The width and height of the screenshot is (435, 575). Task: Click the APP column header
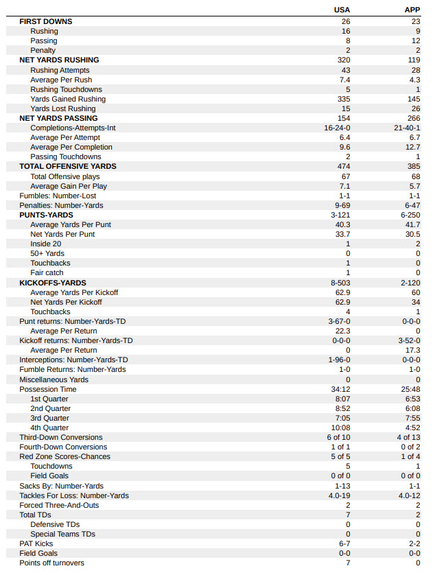click(x=412, y=10)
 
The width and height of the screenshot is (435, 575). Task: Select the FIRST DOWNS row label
click(x=45, y=21)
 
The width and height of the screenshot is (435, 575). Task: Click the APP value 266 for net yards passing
click(x=413, y=118)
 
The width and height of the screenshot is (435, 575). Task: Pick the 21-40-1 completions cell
click(x=408, y=128)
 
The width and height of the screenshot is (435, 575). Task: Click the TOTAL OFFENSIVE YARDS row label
click(x=68, y=166)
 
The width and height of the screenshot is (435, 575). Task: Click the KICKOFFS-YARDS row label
click(x=53, y=283)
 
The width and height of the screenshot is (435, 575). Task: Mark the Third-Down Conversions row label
click(x=61, y=437)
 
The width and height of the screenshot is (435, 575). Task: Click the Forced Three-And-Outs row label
click(x=59, y=505)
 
